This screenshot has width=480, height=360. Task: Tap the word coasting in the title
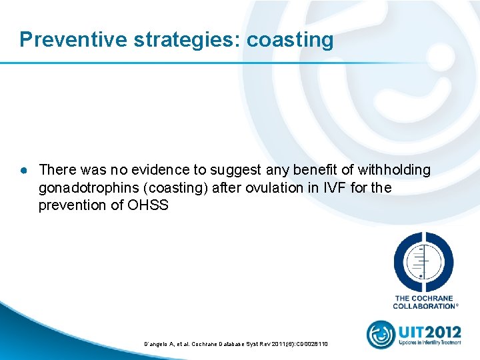coord(290,40)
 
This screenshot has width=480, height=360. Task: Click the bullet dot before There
coord(23,171)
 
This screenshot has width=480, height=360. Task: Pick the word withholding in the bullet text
coord(393,171)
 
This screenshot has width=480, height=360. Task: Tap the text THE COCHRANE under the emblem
coord(425,299)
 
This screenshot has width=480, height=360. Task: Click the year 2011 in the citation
coord(282,343)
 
